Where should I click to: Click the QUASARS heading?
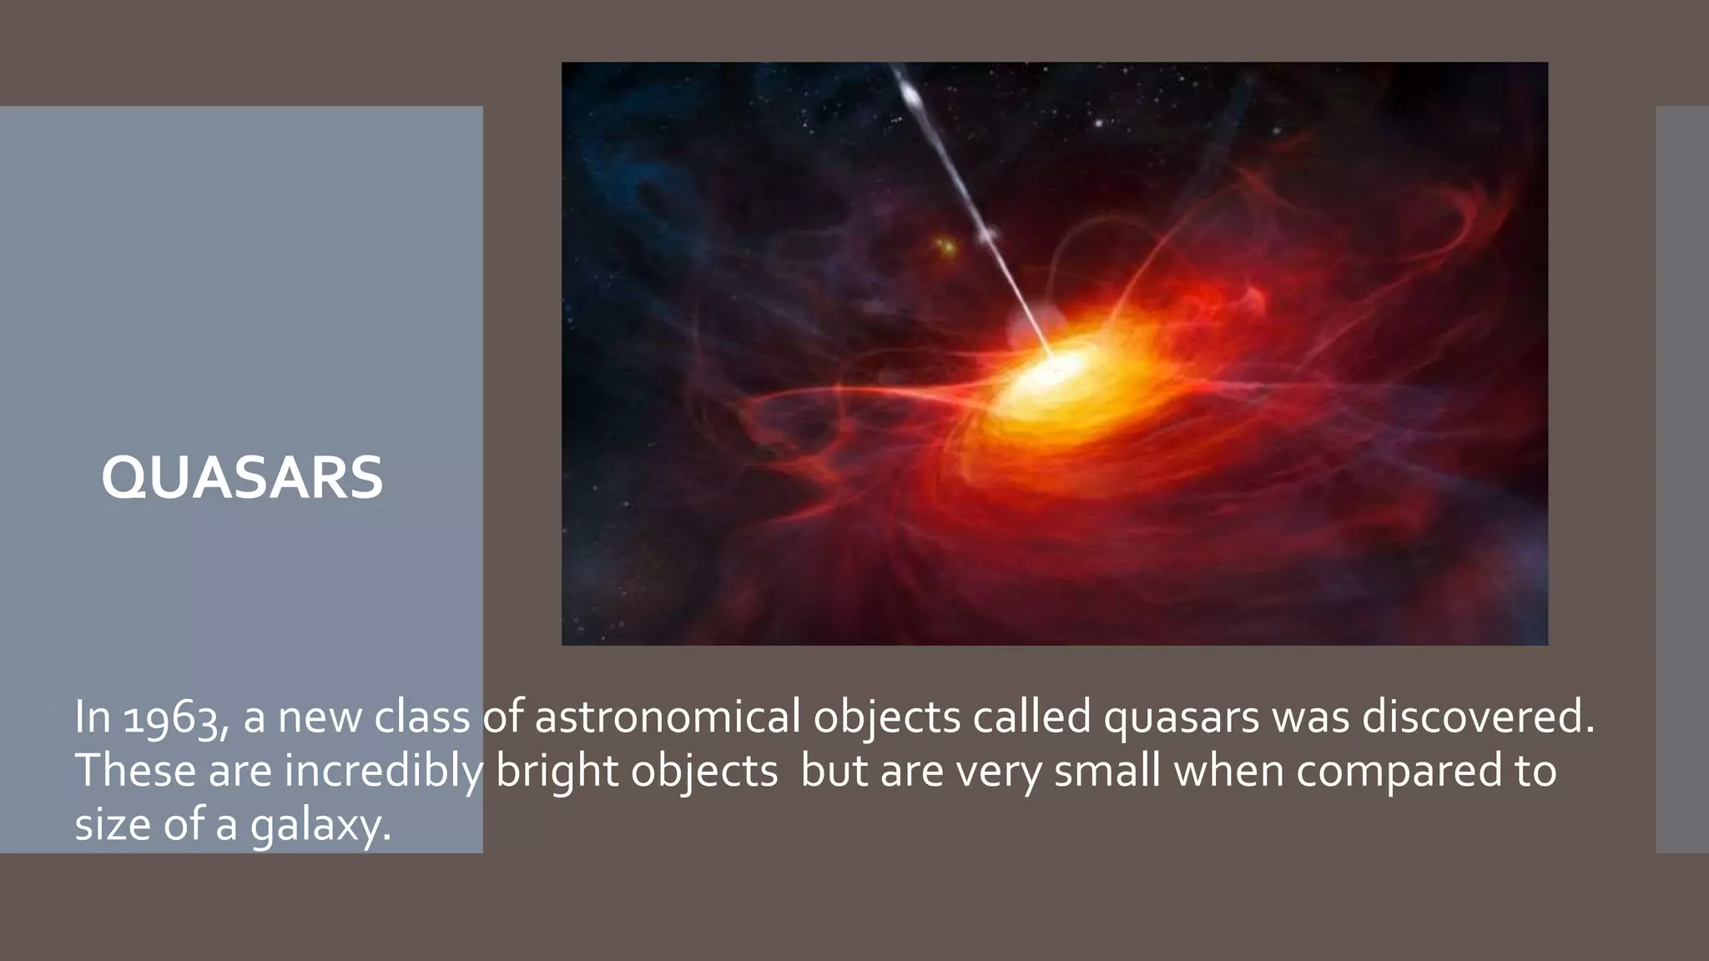pos(242,479)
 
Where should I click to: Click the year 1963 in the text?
pos(171,718)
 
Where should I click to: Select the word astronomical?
pos(668,718)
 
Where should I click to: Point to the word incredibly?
pos(384,772)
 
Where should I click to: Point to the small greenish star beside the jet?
pos(946,246)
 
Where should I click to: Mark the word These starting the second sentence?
pos(135,770)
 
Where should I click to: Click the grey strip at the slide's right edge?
pos(1682,479)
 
